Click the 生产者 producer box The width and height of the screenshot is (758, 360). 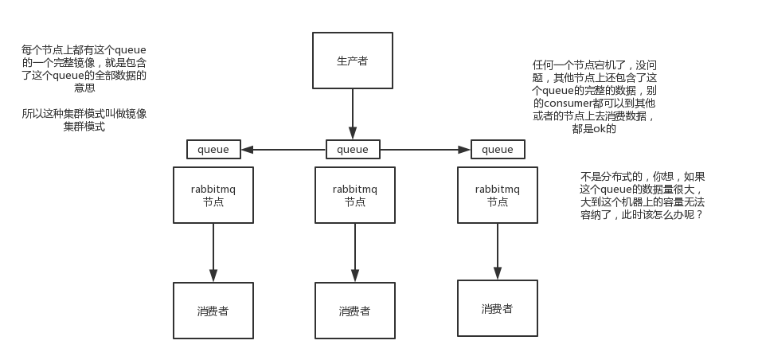tap(352, 61)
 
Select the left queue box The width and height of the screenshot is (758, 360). tap(213, 149)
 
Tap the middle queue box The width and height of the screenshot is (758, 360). tap(353, 149)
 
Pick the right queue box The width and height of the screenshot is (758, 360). tap(498, 149)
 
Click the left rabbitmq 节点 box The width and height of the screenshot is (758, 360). tap(213, 195)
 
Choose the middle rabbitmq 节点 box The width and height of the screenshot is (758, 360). tap(354, 195)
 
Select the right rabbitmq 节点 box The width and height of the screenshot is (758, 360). tap(498, 195)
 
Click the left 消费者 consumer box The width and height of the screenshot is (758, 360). tap(213, 311)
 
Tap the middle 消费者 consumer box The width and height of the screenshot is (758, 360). tap(354, 311)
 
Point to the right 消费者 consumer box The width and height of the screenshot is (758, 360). tap(498, 308)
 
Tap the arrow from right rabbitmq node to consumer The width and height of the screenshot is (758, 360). tap(498, 251)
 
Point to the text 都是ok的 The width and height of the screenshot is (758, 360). tap(593, 128)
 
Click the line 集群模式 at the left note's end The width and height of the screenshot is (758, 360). tap(84, 127)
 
